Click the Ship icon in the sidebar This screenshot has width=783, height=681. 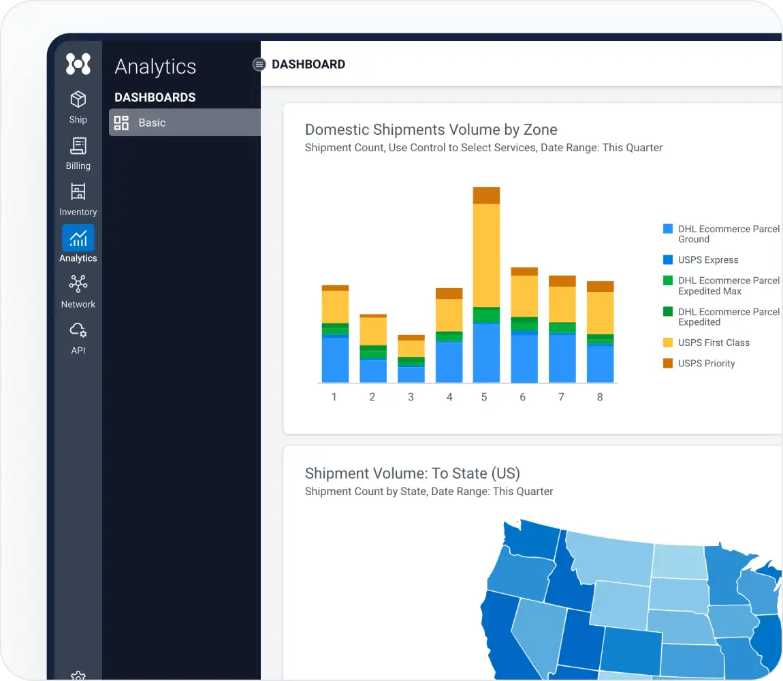(78, 101)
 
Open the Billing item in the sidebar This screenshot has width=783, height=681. (78, 146)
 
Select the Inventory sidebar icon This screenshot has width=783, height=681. (78, 193)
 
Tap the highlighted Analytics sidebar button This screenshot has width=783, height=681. (78, 239)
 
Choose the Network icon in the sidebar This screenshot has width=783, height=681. (78, 285)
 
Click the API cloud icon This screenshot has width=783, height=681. (78, 331)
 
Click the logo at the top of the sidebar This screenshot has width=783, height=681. (78, 64)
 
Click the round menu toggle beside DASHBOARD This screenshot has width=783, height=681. (259, 65)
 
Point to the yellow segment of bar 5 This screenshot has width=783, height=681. (486, 255)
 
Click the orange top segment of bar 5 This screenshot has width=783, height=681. (486, 195)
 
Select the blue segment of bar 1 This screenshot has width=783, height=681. (335, 360)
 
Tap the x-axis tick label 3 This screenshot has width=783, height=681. (411, 397)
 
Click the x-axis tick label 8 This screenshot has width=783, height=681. (600, 397)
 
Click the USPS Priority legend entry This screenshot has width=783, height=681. (706, 364)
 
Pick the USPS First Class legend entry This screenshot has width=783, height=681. (713, 343)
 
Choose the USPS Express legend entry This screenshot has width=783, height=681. (707, 260)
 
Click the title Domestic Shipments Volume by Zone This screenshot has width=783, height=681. (431, 130)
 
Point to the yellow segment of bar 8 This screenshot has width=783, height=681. (601, 313)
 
